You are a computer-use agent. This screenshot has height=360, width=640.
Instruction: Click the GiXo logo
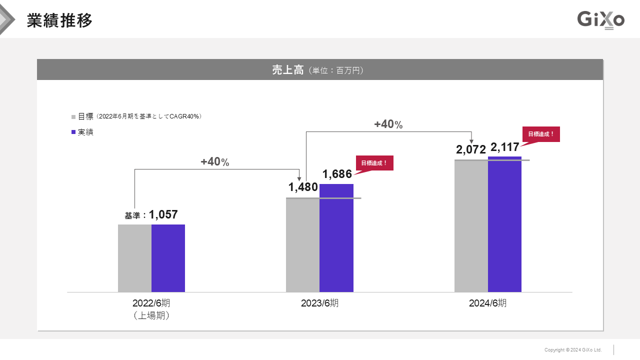[600, 20]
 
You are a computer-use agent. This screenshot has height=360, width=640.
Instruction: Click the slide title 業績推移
[59, 20]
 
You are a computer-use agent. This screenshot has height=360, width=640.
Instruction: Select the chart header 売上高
[288, 70]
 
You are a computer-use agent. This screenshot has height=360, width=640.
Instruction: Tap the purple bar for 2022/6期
[168, 258]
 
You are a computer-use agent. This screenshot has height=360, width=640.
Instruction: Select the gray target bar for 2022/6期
[134, 258]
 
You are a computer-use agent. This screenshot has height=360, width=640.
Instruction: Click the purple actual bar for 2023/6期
[336, 238]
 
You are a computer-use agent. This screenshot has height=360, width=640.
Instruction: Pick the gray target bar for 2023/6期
[302, 245]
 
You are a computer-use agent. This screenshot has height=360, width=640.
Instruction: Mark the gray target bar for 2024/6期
[471, 226]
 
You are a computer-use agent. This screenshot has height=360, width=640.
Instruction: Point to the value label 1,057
[163, 214]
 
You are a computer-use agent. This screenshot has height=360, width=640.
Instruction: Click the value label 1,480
[303, 187]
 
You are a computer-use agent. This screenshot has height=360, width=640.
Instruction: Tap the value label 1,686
[337, 174]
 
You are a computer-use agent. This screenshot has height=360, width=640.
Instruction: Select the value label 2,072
[471, 149]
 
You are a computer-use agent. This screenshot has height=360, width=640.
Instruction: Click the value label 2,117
[505, 147]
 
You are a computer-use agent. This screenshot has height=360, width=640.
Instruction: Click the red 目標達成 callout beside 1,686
[374, 163]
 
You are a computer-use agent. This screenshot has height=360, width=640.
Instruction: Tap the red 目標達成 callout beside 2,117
[541, 134]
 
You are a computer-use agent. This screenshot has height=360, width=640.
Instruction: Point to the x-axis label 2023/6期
[319, 303]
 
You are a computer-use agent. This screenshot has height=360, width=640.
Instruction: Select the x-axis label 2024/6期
[487, 303]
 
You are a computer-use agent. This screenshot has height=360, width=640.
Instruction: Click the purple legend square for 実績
[73, 132]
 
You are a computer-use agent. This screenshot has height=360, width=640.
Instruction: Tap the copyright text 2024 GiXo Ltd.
[573, 350]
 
